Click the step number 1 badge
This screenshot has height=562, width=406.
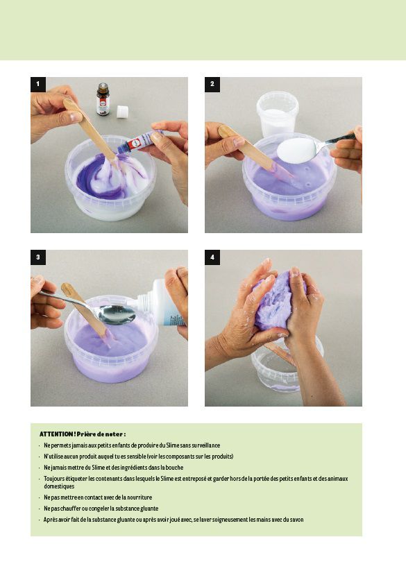(38, 85)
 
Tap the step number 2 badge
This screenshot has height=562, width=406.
(212, 85)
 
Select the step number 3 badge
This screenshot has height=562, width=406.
(38, 257)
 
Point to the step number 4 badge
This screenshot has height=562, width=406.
(212, 257)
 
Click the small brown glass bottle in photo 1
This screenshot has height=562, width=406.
(103, 99)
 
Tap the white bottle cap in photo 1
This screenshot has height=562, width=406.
(122, 112)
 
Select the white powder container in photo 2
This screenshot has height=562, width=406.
(277, 114)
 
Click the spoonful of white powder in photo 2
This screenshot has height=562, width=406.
(296, 151)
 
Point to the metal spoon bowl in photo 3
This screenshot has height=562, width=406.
(117, 314)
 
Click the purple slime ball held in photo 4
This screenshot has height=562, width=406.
(276, 301)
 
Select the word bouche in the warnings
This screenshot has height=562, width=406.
(174, 468)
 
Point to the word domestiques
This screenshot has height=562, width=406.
(59, 486)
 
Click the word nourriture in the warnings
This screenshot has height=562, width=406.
(139, 497)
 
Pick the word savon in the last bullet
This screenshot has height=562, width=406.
(296, 520)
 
